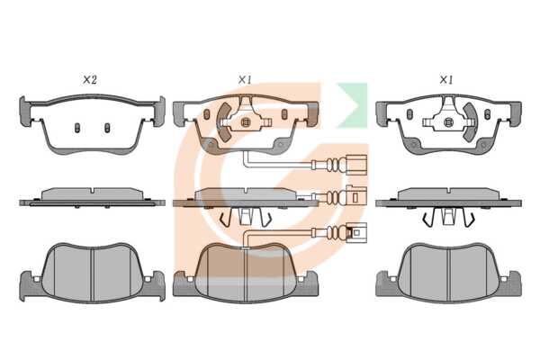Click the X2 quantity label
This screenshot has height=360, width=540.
(x=90, y=80)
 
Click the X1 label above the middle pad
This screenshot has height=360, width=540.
(x=245, y=80)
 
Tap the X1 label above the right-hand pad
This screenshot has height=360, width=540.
(x=446, y=80)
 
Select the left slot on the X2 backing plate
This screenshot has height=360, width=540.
(x=77, y=128)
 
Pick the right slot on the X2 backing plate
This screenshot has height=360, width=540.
(x=107, y=128)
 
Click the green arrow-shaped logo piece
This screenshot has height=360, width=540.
(x=352, y=104)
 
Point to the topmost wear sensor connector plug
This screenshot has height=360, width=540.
(x=356, y=165)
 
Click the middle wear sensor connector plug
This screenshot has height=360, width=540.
(x=356, y=196)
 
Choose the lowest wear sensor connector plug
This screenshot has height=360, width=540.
(x=356, y=232)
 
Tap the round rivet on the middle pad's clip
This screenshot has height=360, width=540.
(x=246, y=122)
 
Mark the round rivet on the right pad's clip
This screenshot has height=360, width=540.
(x=448, y=122)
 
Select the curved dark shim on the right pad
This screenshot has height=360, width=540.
(x=470, y=122)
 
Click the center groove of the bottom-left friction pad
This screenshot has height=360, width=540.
(x=92, y=275)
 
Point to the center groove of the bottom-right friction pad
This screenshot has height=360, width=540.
(x=448, y=275)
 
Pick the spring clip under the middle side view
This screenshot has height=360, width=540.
(x=246, y=217)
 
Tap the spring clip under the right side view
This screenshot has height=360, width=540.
(x=448, y=217)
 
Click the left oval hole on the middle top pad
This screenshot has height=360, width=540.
(x=207, y=114)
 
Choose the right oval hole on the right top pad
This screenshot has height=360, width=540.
(x=487, y=114)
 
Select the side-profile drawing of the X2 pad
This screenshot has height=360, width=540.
(x=92, y=198)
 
